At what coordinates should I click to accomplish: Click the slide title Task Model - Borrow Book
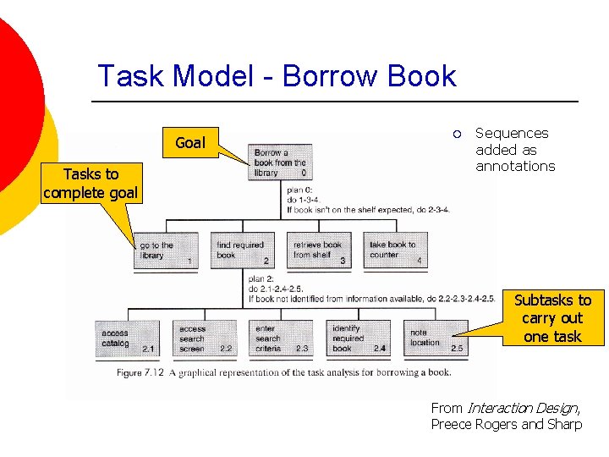(x=277, y=76)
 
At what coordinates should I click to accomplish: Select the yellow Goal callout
(x=190, y=143)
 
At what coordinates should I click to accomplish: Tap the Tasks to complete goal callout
(x=91, y=184)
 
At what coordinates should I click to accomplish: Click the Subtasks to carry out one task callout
(x=552, y=318)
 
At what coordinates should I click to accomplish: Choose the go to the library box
(x=165, y=251)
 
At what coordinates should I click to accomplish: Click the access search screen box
(x=203, y=339)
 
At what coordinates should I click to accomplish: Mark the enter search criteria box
(x=280, y=339)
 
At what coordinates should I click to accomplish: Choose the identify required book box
(x=357, y=339)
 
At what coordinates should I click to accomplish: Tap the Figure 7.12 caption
(x=285, y=372)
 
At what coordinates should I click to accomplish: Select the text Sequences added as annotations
(x=514, y=150)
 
